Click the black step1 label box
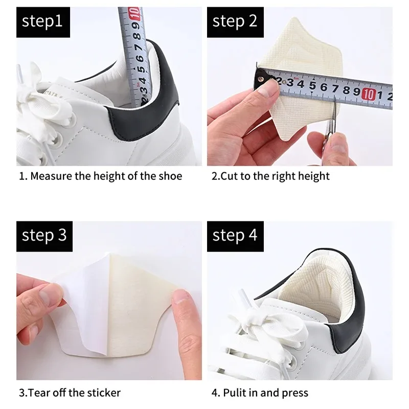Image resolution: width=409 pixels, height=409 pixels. (x=42, y=22)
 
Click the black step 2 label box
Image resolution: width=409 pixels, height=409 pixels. (x=235, y=22)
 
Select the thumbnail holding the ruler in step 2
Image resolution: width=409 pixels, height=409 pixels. (x=266, y=92)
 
